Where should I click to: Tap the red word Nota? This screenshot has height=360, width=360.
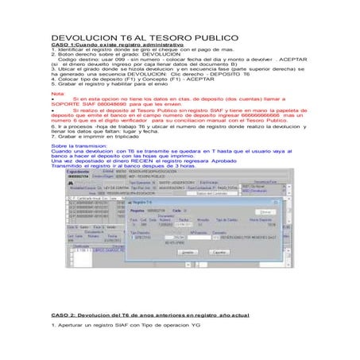[58, 94]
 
